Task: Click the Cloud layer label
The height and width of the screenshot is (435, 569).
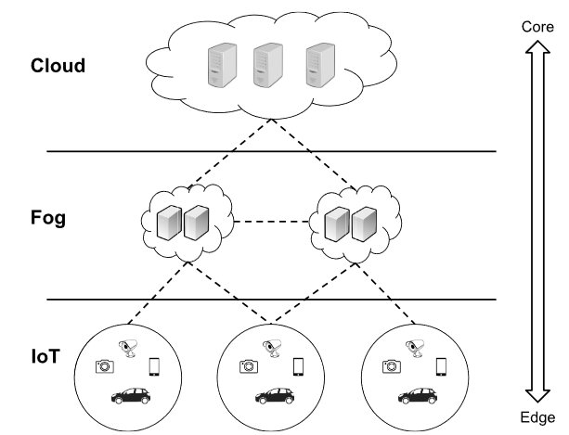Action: [x=58, y=66]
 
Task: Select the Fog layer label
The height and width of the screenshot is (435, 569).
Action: [x=50, y=221]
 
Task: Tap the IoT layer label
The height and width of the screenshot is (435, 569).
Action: [x=47, y=355]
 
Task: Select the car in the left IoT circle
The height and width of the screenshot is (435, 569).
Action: [x=131, y=396]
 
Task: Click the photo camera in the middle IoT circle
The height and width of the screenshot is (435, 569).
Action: [x=247, y=366]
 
